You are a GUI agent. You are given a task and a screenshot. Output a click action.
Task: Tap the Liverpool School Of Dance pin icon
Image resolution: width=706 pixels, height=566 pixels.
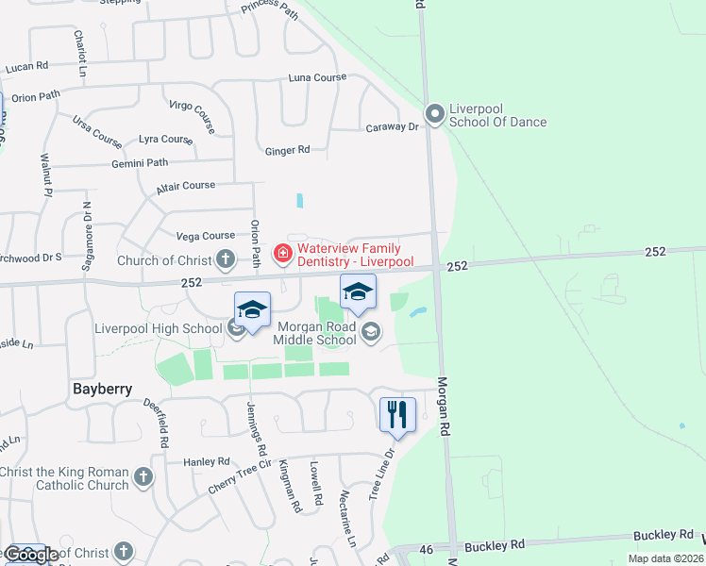(x=435, y=114)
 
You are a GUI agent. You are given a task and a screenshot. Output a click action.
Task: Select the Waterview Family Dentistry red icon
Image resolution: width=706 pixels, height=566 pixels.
(x=281, y=253)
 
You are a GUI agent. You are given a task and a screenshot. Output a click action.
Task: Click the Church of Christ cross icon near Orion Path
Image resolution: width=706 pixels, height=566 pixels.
(x=225, y=258)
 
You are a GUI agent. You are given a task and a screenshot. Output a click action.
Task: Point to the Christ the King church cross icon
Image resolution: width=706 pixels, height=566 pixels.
(x=143, y=477)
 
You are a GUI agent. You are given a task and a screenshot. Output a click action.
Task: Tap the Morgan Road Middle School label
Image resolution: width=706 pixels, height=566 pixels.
(x=316, y=333)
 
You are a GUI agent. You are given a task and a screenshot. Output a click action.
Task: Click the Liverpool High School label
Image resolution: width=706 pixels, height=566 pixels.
(x=159, y=328)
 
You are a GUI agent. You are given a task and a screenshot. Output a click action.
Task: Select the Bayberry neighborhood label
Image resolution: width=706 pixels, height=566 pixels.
(x=101, y=389)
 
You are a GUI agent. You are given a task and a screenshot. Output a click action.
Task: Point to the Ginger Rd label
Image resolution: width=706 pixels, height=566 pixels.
(x=287, y=150)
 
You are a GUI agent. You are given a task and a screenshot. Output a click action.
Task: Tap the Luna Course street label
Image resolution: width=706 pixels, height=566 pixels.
(x=317, y=77)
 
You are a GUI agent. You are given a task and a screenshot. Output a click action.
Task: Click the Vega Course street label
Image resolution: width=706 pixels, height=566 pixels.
(x=205, y=236)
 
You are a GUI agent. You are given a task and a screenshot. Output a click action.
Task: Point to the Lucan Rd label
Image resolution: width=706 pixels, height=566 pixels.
(x=26, y=68)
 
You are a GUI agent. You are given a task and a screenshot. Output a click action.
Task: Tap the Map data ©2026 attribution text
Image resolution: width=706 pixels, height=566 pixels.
(x=664, y=558)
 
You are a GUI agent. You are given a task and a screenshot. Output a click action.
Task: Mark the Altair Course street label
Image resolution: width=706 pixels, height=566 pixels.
(x=186, y=186)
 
